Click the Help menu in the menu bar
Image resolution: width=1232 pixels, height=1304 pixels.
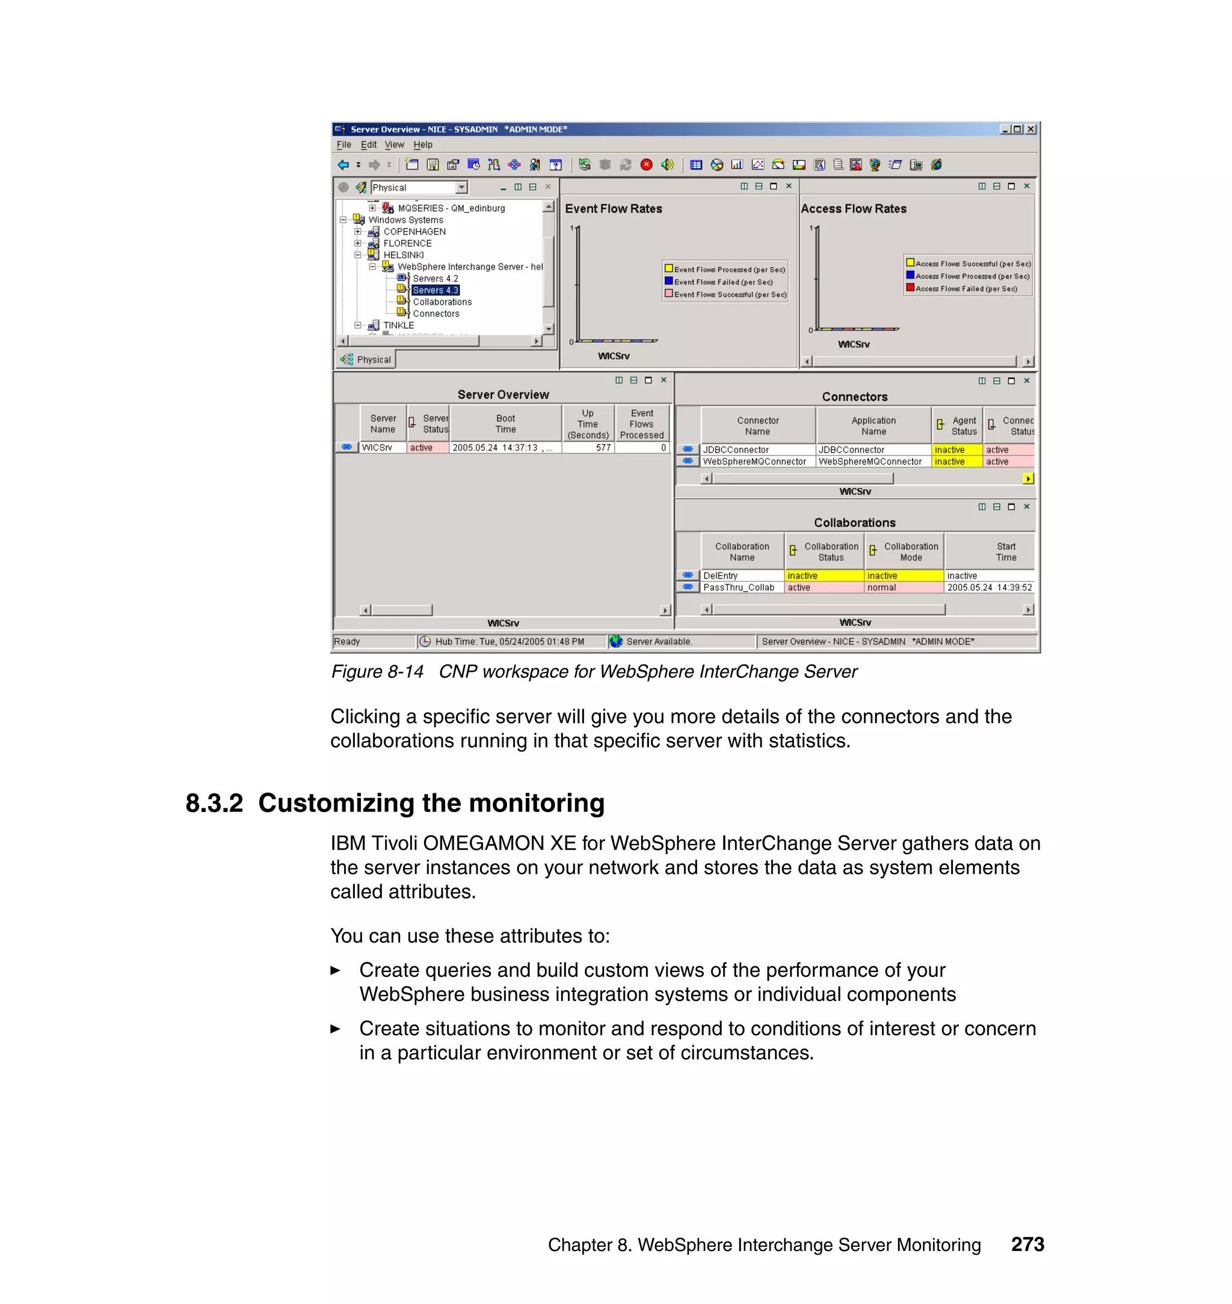(x=422, y=144)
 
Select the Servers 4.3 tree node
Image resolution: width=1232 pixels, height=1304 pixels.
(x=435, y=291)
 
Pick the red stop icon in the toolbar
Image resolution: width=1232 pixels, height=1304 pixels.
(x=646, y=165)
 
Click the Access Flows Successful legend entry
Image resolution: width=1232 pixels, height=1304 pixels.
(x=973, y=264)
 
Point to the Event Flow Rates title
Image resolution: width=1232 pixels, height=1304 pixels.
(x=614, y=209)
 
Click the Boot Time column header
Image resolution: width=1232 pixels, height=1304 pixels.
(x=505, y=423)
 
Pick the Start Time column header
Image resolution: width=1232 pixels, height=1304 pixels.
(x=1005, y=552)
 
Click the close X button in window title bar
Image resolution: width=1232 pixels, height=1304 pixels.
(x=1031, y=129)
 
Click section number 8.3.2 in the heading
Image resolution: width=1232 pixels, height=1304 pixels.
(x=214, y=803)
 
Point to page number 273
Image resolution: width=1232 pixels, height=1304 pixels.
(x=1027, y=1244)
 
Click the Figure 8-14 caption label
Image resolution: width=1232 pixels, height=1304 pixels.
(x=377, y=672)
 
